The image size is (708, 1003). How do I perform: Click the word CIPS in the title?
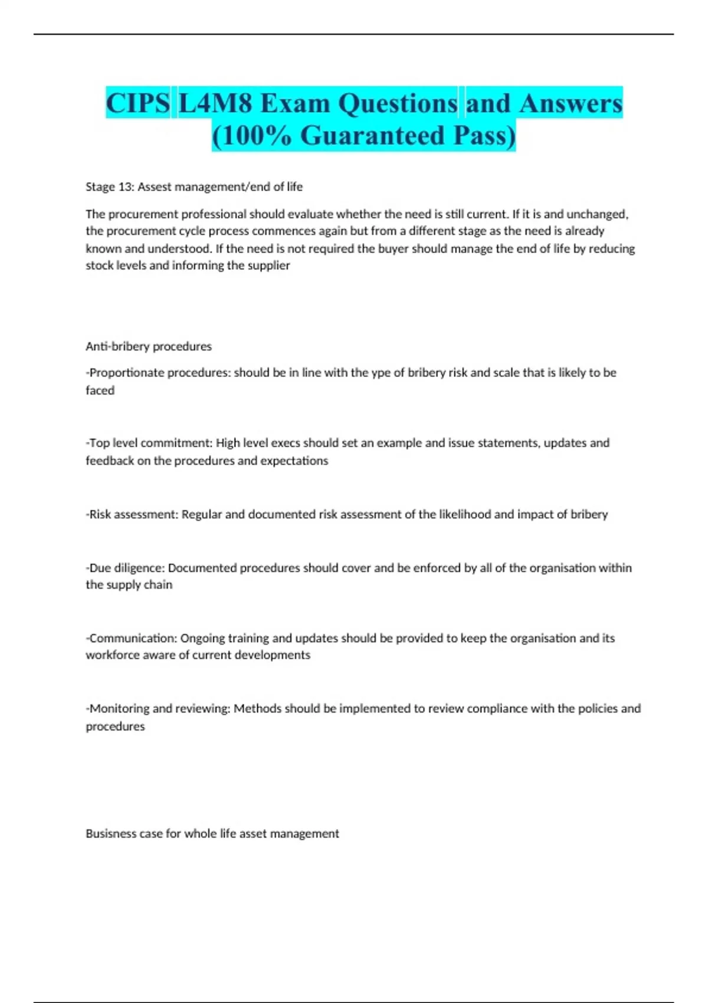tap(137, 103)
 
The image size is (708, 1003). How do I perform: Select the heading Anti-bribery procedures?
tap(149, 346)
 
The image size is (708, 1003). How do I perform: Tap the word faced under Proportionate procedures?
tap(100, 391)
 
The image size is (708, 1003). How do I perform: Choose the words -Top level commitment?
tap(149, 443)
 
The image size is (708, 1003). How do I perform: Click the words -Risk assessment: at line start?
tap(132, 514)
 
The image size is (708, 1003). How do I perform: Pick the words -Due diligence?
tap(125, 568)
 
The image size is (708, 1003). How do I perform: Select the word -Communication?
tap(131, 638)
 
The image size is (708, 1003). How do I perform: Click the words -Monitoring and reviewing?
tap(158, 709)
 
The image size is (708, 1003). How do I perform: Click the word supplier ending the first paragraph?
tap(268, 265)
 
